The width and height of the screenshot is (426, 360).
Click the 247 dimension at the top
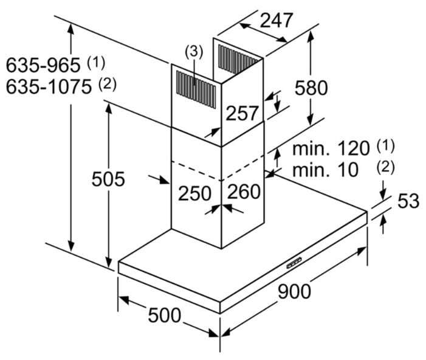(x=277, y=21)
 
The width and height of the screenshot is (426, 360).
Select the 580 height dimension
(x=311, y=88)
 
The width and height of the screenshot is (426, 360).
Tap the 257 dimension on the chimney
(x=241, y=113)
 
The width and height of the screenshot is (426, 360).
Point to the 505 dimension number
(x=108, y=179)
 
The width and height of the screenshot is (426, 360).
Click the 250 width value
(x=194, y=193)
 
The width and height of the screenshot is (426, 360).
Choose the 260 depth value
(x=244, y=192)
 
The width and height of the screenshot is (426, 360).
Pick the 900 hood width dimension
(x=294, y=291)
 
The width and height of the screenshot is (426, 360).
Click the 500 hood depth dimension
(x=164, y=315)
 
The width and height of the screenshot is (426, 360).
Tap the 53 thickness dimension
(x=408, y=201)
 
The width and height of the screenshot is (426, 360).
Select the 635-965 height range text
(x=43, y=65)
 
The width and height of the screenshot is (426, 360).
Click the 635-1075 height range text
(x=49, y=87)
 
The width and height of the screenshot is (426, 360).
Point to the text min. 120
(x=331, y=148)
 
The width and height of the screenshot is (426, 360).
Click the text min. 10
(x=326, y=170)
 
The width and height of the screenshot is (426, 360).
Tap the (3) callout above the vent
(x=194, y=52)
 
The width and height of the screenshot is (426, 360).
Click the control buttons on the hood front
(x=294, y=263)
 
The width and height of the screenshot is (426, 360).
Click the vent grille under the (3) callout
(x=196, y=89)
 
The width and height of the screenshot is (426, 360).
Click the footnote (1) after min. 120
(x=385, y=146)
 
